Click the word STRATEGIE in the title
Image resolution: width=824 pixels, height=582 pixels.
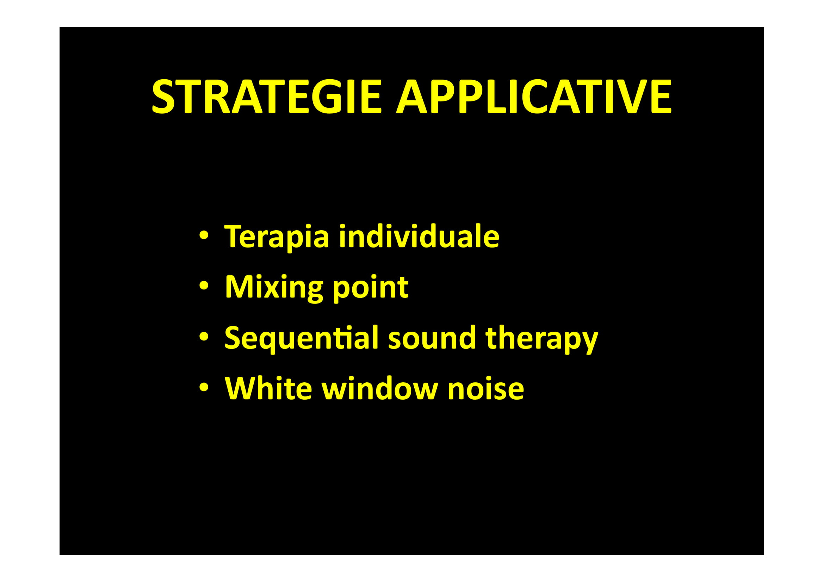pyautogui.click(x=266, y=96)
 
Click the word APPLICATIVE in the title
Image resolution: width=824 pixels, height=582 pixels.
pyautogui.click(x=534, y=96)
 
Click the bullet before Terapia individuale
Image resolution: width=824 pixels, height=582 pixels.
pyautogui.click(x=204, y=236)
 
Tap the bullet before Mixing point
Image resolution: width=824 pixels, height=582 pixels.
pyautogui.click(x=204, y=286)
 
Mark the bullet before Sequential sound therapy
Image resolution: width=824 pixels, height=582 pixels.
pyautogui.click(x=204, y=337)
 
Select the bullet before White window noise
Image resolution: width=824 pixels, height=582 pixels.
pyautogui.click(x=204, y=387)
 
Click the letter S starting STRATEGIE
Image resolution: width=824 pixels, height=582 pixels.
pyautogui.click(x=163, y=96)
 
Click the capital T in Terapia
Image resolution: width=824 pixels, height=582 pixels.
pyautogui.click(x=235, y=236)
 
